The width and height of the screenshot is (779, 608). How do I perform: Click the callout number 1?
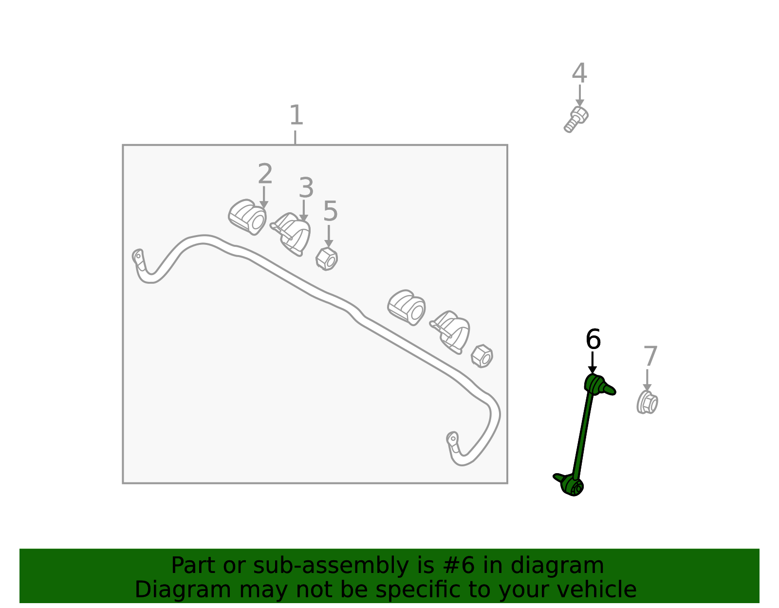pos(296,115)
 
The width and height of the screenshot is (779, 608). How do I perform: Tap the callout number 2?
pos(265,174)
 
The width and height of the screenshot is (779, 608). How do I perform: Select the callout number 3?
pos(306,188)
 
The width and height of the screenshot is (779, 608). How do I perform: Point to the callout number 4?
pos(579,73)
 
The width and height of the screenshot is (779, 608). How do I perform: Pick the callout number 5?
pos(330,211)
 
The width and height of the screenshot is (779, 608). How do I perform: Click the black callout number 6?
pos(593,339)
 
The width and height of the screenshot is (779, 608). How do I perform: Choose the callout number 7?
pos(650,356)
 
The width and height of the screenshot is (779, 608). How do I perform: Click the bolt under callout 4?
pos(576,119)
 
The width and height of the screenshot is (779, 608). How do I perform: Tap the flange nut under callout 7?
pos(647,403)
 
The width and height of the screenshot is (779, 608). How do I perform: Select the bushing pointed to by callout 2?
pos(247,217)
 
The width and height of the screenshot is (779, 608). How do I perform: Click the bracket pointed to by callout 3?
pos(291,234)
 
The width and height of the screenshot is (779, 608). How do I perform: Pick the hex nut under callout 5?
pos(327,258)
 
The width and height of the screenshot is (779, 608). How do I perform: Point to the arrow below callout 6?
pos(592,363)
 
